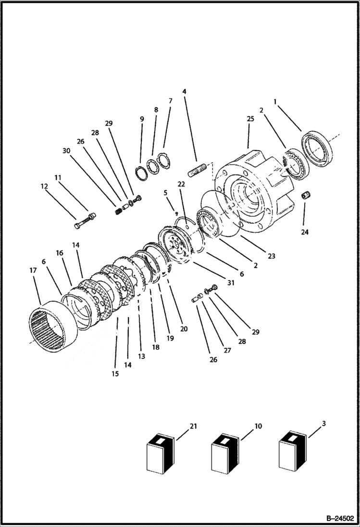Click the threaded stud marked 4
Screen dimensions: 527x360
[197, 171]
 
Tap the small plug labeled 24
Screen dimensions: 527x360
[304, 196]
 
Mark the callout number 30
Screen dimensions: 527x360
[66, 150]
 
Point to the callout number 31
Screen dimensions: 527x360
[231, 283]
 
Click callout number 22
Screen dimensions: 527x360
[181, 184]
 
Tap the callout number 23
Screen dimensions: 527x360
[272, 256]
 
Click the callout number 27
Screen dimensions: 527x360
[227, 350]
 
